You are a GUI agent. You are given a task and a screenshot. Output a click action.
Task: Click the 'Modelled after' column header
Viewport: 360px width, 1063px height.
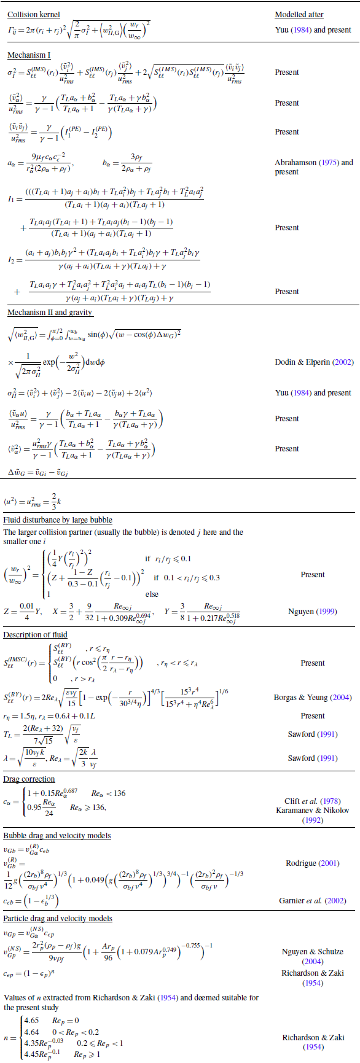(299, 14)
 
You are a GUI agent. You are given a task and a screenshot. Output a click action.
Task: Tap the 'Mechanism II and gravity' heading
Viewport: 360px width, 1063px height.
(50, 313)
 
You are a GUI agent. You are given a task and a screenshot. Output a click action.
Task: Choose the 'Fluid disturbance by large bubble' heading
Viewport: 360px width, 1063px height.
(58, 520)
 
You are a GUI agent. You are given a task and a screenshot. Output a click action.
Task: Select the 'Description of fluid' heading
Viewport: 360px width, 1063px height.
(35, 635)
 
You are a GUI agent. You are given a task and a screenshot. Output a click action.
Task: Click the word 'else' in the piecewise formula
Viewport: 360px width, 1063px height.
(152, 594)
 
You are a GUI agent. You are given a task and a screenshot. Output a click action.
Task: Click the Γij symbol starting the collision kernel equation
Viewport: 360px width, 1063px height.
(14, 29)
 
